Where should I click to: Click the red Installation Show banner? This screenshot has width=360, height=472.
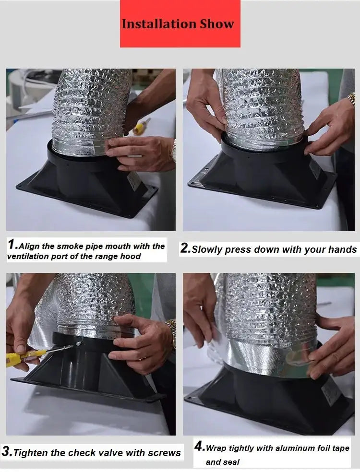(x=180, y=24)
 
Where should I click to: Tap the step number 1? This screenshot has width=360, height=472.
(x=12, y=244)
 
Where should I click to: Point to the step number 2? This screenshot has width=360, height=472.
(x=185, y=248)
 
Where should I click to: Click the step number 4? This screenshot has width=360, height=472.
(x=199, y=447)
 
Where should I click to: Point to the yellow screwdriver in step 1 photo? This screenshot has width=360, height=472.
(x=140, y=127)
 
